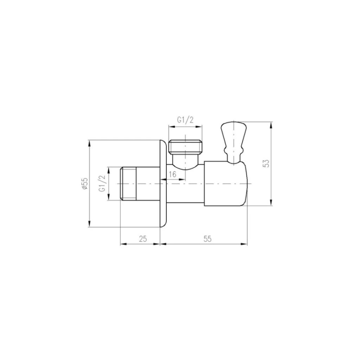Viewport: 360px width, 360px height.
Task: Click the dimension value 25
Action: [143, 238]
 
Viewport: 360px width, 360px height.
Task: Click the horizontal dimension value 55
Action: [208, 238]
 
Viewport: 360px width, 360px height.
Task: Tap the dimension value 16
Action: [173, 174]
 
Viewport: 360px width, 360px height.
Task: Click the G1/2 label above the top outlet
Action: [185, 120]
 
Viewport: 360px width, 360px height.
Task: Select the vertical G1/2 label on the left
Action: [102, 183]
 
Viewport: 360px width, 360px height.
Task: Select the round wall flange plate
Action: [163, 184]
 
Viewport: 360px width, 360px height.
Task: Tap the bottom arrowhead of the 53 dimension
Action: [271, 203]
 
